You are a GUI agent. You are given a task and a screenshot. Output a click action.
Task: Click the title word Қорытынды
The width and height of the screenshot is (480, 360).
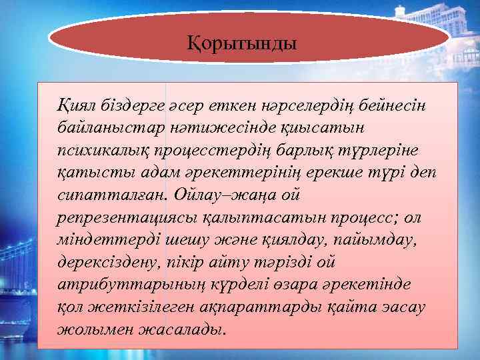click(x=241, y=45)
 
